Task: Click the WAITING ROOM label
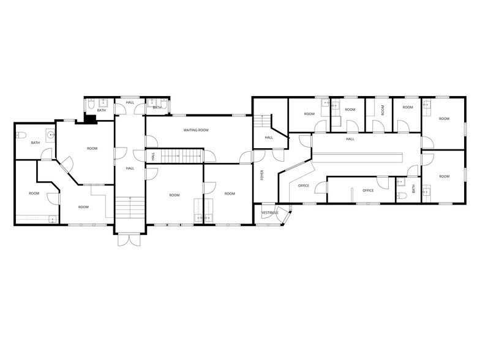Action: [196, 130]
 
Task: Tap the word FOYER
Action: [262, 175]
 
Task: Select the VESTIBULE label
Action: [269, 212]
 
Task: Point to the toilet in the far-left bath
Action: [21, 135]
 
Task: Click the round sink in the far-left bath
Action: [50, 135]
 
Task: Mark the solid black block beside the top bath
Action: [91, 119]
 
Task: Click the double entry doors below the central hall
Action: [130, 240]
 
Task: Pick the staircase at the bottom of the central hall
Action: [130, 207]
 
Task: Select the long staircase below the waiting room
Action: [182, 157]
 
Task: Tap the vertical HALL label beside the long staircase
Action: [153, 157]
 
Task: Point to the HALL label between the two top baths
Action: [130, 102]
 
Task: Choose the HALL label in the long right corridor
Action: [350, 139]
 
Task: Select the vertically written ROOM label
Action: [383, 110]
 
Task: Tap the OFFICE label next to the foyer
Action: [304, 186]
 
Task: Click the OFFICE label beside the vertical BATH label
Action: [368, 190]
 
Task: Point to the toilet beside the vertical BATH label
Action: [402, 196]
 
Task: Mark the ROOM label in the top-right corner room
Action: [444, 119]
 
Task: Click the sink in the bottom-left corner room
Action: [54, 219]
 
